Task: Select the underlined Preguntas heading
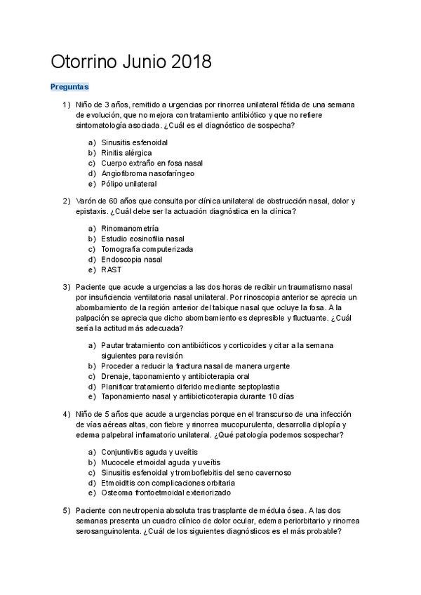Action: pyautogui.click(x=69, y=87)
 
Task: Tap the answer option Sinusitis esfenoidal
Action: pyautogui.click(x=134, y=142)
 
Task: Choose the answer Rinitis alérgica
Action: pyautogui.click(x=126, y=152)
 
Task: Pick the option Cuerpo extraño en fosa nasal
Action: pyautogui.click(x=152, y=163)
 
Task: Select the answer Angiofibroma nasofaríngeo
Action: pyautogui.click(x=148, y=173)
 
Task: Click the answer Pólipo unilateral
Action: pyautogui.click(x=128, y=184)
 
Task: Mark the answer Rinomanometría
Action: pyautogui.click(x=130, y=228)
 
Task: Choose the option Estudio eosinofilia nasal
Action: pyautogui.click(x=143, y=239)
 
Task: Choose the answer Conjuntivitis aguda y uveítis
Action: pyautogui.click(x=149, y=452)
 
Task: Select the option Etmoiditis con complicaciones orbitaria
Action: pyautogui.click(x=166, y=483)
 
